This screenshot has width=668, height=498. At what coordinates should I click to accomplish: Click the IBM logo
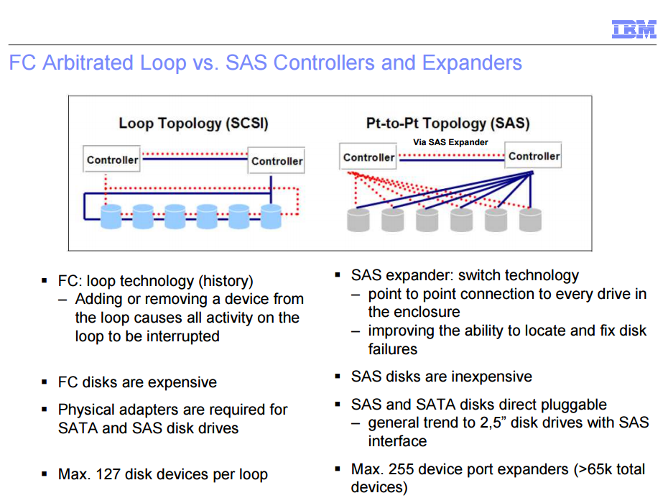pos(634,29)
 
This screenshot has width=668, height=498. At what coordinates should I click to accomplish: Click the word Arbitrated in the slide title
pos(88,63)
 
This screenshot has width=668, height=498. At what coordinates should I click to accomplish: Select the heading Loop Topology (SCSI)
pos(193,123)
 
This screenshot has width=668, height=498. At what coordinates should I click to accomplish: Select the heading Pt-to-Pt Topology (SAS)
pos(447,123)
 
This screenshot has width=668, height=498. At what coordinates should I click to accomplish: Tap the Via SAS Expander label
pos(450,142)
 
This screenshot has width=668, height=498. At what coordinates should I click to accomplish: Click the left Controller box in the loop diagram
pos(111,160)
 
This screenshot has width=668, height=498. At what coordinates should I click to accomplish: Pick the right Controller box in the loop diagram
pos(277,161)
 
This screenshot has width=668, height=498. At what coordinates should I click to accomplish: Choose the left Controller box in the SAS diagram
pos(368,157)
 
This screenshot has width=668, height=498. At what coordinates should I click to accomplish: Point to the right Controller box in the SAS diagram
pos(534,155)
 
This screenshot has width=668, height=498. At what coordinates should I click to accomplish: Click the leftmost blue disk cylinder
pos(111,216)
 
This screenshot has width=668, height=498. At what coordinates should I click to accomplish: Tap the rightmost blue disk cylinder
pos(271,216)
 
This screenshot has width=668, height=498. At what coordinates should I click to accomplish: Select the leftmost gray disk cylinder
pos(358,220)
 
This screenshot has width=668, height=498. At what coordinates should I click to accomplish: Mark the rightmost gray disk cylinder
pos(530,220)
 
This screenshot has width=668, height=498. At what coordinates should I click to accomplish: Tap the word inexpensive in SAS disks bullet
pos(491,377)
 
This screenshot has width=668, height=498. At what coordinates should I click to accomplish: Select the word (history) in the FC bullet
pos(226,281)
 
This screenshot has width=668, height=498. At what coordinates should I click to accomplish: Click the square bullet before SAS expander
pos(338,275)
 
